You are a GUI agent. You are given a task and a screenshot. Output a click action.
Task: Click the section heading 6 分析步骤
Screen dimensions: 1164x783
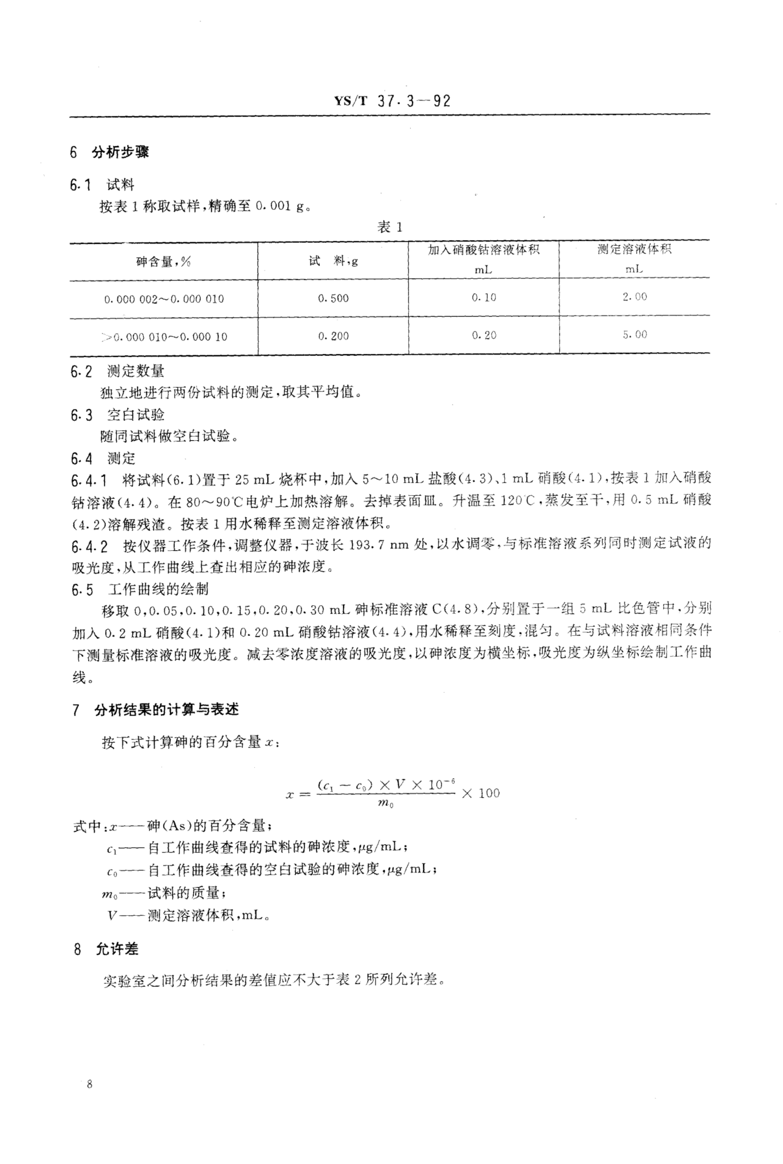(x=110, y=152)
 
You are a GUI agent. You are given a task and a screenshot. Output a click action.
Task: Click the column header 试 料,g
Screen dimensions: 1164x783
(x=333, y=261)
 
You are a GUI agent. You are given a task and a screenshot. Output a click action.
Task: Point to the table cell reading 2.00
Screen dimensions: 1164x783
(x=634, y=297)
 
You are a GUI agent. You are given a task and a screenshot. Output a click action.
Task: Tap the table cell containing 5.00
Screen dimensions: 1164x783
(x=634, y=335)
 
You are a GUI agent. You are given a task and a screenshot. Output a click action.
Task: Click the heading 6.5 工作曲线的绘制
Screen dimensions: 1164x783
(x=140, y=590)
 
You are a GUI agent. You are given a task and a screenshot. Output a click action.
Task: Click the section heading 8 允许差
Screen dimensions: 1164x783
(x=106, y=949)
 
